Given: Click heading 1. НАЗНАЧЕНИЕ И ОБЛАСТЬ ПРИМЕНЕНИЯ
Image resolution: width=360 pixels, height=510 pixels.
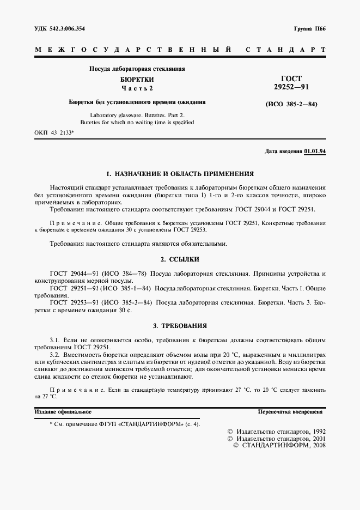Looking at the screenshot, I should pos(180,174).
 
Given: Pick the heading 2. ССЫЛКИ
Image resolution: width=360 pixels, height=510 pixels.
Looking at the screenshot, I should pos(180,259).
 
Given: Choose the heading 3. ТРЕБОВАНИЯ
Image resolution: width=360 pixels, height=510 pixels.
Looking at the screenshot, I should pos(180,326).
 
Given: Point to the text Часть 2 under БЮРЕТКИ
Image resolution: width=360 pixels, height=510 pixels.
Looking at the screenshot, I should pos(137,88).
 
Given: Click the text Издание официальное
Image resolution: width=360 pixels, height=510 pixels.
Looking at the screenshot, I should pos(63,412).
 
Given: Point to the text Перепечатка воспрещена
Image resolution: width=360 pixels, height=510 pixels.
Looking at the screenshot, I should pos(291,412).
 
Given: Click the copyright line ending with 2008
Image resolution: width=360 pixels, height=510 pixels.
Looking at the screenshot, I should pos(279,445).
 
